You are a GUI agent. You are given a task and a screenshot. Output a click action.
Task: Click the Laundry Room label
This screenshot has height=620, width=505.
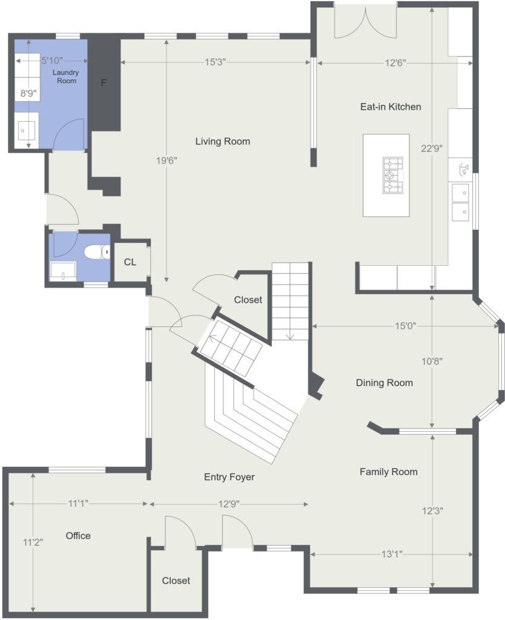(x=66, y=76)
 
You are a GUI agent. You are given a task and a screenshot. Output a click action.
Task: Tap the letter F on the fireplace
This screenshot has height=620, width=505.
(x=104, y=83)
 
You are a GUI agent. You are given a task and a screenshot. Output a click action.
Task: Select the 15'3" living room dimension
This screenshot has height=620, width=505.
(x=215, y=62)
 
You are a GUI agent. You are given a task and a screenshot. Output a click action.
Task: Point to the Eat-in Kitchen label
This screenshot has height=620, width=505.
(x=391, y=107)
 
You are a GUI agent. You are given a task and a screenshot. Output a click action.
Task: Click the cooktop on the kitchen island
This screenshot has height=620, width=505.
(x=393, y=175)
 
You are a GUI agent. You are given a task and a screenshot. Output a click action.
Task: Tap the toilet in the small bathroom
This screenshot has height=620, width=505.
(x=97, y=252)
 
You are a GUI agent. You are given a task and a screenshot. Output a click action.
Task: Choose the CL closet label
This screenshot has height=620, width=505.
(x=130, y=262)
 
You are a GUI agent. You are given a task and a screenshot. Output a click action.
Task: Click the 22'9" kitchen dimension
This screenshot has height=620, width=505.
(x=432, y=149)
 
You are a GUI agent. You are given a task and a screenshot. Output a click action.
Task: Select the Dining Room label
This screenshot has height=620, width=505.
(x=385, y=383)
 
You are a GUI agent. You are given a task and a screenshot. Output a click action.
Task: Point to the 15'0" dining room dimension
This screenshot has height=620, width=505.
(x=405, y=326)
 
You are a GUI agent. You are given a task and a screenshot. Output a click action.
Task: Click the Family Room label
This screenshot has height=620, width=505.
(x=388, y=472)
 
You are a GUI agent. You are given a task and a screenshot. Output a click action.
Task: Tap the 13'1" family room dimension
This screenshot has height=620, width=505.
(x=392, y=555)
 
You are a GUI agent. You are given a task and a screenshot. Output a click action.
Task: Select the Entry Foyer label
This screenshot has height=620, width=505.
(x=229, y=477)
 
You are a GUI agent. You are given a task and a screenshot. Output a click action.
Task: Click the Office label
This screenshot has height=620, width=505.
(x=78, y=536)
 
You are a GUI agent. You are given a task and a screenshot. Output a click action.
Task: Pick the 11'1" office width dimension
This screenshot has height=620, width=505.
(x=78, y=503)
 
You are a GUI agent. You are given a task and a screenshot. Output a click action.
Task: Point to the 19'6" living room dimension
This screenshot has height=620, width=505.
(x=167, y=160)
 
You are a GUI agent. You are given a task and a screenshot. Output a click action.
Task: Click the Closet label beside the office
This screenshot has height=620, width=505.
(x=176, y=581)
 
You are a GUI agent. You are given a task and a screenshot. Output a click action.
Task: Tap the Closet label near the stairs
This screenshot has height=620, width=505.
(x=248, y=300)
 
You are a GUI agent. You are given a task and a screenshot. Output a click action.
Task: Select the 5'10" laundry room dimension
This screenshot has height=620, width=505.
(x=52, y=61)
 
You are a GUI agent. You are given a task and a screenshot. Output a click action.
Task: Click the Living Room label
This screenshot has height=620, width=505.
(x=223, y=142)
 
